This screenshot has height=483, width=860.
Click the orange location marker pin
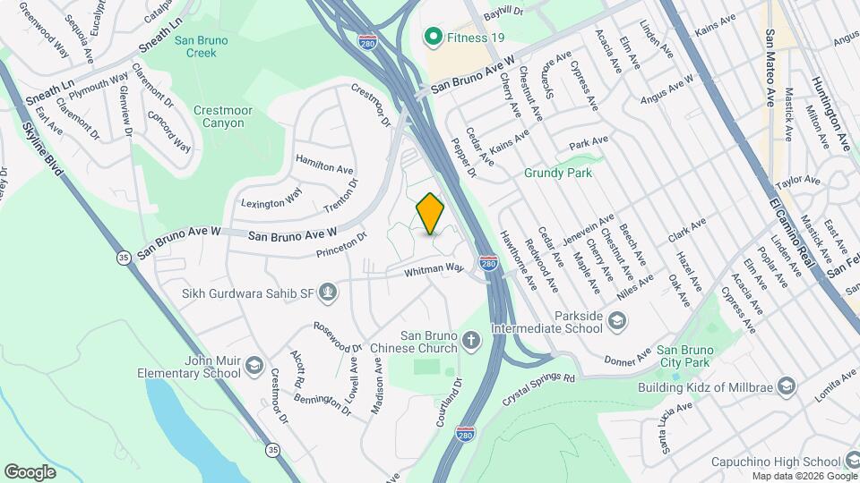tap(430, 214)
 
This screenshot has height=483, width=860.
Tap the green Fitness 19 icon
tap(434, 38)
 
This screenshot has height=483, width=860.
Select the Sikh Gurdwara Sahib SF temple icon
tap(329, 291)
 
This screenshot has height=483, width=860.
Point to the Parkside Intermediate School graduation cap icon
tap(617, 320)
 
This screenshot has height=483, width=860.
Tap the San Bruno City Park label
tap(684, 356)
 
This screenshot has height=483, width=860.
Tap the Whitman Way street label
tap(434, 268)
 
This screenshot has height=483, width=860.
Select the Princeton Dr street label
tap(342, 246)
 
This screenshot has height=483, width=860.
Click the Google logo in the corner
tap(30, 471)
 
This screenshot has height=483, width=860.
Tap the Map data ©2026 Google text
tap(804, 476)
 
